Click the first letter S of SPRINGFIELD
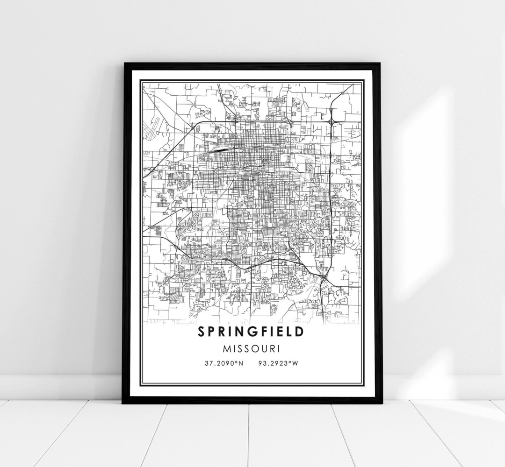pos(201,332)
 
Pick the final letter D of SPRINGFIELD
pos(299,332)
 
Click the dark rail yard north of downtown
pos(217,149)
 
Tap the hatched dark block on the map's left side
pos(158,230)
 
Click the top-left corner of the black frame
pos(124,64)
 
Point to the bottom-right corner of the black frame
pos(380,402)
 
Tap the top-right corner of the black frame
pos(380,64)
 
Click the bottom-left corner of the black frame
pos(123,402)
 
